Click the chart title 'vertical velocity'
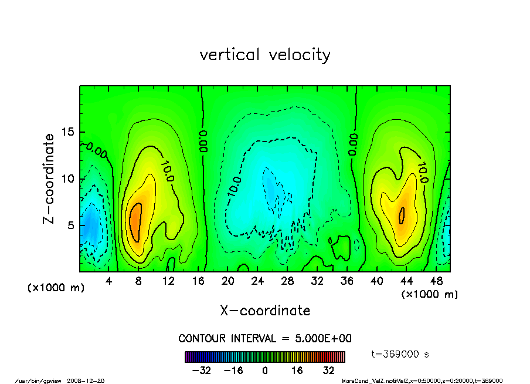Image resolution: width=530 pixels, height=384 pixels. (x=265, y=55)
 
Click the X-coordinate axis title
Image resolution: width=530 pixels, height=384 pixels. (x=265, y=311)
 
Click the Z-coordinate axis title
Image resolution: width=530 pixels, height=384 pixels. (x=49, y=178)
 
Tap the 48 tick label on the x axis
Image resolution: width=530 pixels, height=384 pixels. (x=436, y=281)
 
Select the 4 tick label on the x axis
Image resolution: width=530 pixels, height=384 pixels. (x=109, y=281)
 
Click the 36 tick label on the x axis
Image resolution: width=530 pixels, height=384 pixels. (x=347, y=281)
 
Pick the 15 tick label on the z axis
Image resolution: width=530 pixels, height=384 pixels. (x=67, y=132)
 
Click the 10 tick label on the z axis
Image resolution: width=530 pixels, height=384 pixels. (x=67, y=178)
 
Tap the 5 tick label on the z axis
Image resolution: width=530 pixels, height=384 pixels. (x=70, y=225)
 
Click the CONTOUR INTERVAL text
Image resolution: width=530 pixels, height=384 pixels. (x=265, y=339)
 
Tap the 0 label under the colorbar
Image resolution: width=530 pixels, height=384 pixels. (x=265, y=370)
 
